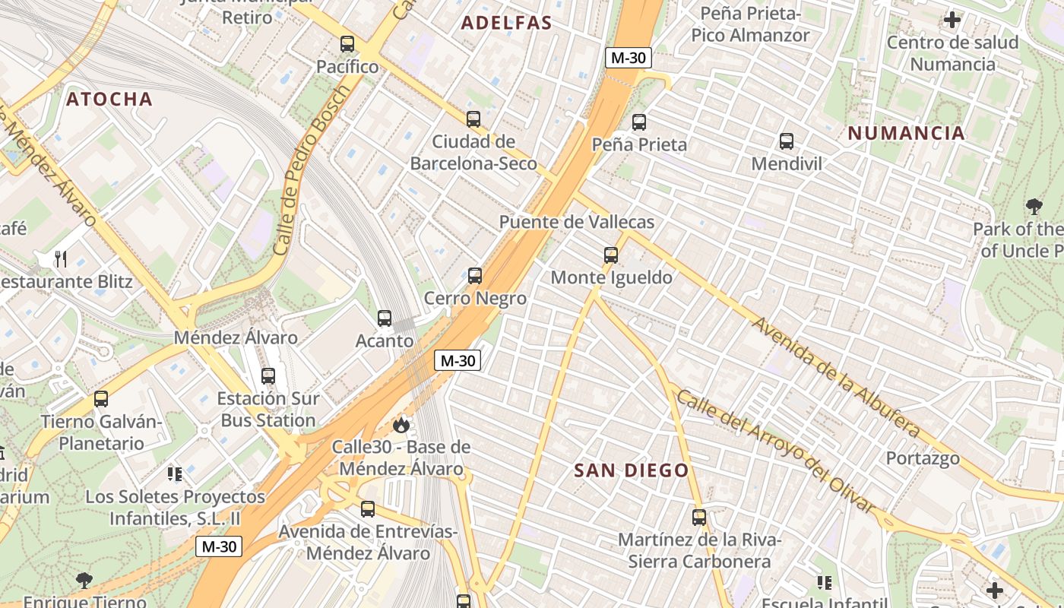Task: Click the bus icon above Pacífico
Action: pyautogui.click(x=347, y=43)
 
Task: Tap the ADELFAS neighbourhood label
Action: pyautogui.click(x=507, y=23)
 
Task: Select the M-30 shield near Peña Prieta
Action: pyautogui.click(x=629, y=58)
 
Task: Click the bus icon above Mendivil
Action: pyautogui.click(x=787, y=141)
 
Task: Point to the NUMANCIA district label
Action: pyautogui.click(x=906, y=133)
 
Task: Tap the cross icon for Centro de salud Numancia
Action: pyautogui.click(x=952, y=20)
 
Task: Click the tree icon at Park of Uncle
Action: pyautogui.click(x=1034, y=206)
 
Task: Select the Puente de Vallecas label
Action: pyautogui.click(x=577, y=222)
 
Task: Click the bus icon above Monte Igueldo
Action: pyautogui.click(x=611, y=255)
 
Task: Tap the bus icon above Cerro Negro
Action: pyautogui.click(x=475, y=275)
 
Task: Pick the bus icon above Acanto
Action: pyautogui.click(x=385, y=318)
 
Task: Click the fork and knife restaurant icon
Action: pyautogui.click(x=61, y=259)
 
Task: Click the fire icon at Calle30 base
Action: pyautogui.click(x=401, y=425)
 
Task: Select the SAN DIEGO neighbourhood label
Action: pyautogui.click(x=632, y=470)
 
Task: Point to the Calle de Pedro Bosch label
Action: pyautogui.click(x=312, y=170)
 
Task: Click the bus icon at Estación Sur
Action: pyautogui.click(x=268, y=375)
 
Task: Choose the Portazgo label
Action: pyautogui.click(x=923, y=458)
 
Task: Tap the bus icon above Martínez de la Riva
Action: pyautogui.click(x=699, y=518)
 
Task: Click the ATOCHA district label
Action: pyautogui.click(x=109, y=99)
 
